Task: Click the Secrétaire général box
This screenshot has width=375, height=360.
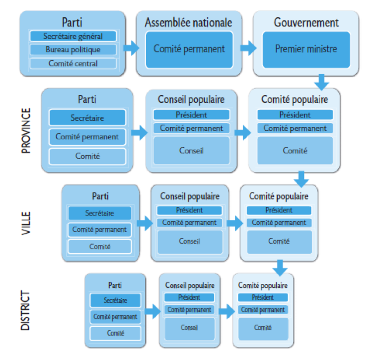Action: (x=73, y=36)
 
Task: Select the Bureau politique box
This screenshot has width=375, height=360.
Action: (x=73, y=50)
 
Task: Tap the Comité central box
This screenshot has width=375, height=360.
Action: (x=73, y=63)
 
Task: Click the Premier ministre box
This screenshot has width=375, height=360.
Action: (x=306, y=49)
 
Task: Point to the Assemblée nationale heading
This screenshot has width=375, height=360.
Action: (x=188, y=22)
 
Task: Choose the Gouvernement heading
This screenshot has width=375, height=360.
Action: (x=306, y=22)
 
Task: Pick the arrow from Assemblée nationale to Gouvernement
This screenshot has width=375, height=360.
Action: (x=248, y=48)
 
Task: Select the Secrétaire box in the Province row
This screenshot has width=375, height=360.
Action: (x=87, y=118)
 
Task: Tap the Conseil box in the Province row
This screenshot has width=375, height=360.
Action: (x=191, y=151)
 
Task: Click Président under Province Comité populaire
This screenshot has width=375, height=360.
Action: (x=295, y=114)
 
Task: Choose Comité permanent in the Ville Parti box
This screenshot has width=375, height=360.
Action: (x=99, y=230)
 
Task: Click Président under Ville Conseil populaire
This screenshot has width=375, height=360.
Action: (x=189, y=210)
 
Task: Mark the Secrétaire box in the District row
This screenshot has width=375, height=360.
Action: (x=115, y=300)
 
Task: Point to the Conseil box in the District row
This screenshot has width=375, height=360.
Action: (x=189, y=328)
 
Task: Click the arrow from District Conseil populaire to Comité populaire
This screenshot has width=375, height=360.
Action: (x=226, y=312)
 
